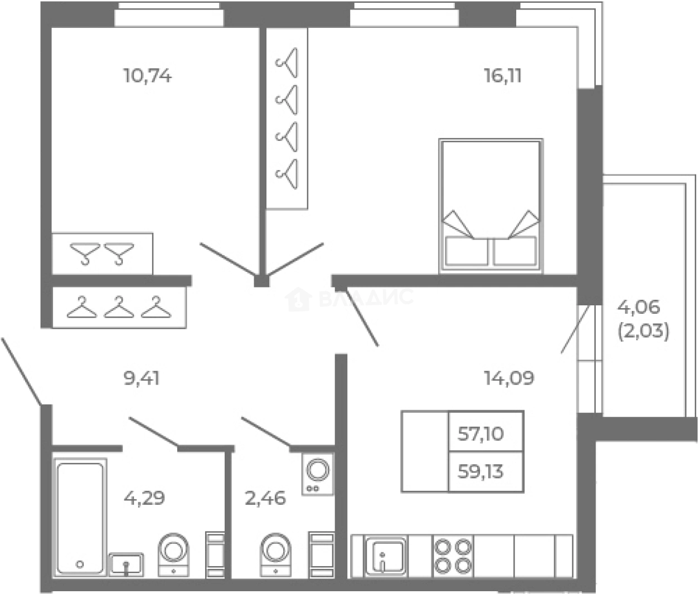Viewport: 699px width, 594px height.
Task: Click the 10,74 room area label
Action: [x=148, y=76]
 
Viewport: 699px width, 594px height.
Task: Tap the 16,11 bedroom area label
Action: [x=503, y=76]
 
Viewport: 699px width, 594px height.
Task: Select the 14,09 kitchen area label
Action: [x=509, y=378]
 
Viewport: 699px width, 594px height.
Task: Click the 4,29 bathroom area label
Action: [x=144, y=498]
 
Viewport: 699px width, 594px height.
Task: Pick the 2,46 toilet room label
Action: [x=265, y=498]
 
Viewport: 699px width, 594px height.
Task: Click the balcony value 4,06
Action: [x=639, y=307]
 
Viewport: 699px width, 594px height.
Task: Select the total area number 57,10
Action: [x=481, y=434]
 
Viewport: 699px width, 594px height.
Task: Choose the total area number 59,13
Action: [x=481, y=471]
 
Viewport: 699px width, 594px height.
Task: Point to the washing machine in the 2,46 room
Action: [x=318, y=475]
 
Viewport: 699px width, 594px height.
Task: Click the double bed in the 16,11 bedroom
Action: [x=491, y=206]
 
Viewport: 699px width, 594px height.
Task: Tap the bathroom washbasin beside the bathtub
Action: [x=126, y=564]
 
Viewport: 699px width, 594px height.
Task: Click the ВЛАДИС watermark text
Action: [x=366, y=298]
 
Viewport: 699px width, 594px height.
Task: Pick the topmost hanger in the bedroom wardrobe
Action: [x=287, y=62]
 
